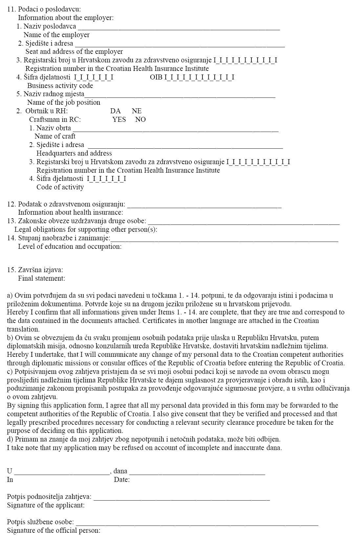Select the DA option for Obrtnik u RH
point(116,111)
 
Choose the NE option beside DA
point(137,111)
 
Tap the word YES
point(119,119)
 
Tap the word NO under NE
point(140,119)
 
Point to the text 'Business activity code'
point(60,86)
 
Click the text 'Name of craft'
point(55,136)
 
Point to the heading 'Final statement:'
point(41,278)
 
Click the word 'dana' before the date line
point(120,471)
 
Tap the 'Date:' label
point(122,480)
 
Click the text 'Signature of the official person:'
point(53,530)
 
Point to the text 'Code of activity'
point(60,187)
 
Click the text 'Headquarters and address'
point(74,153)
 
